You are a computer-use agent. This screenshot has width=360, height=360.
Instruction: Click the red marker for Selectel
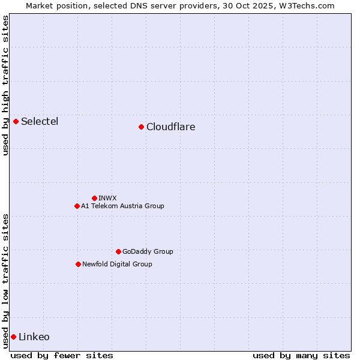pos(16,122)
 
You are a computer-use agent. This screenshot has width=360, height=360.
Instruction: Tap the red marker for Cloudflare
pos(141,127)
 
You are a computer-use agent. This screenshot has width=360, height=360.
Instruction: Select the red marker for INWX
pos(94,198)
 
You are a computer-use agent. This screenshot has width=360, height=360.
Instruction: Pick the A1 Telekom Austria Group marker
pos(77,206)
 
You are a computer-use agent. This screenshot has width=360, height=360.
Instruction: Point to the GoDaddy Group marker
pos(118,251)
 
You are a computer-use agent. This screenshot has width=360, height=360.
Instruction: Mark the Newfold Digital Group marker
pos(78,264)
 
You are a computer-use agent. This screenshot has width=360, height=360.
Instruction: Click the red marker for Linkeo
pos(13,337)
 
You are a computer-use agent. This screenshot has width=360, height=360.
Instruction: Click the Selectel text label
pos(40,122)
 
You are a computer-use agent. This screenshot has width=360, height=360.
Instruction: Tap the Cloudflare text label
pos(170,127)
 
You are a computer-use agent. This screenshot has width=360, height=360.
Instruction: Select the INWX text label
pos(107,198)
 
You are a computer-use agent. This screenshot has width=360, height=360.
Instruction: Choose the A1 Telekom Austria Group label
pos(122,206)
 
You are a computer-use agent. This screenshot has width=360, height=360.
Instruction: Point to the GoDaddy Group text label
pos(148,251)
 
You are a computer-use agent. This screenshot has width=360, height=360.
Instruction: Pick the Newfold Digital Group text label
pos(117,264)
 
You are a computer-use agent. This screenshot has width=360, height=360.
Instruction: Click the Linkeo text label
pos(34,337)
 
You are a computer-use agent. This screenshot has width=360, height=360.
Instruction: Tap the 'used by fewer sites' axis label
pos(62,355)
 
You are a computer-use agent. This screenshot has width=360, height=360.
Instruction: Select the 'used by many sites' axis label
pos(301,355)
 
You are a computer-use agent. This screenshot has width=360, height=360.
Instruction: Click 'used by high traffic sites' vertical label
pos(5,85)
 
